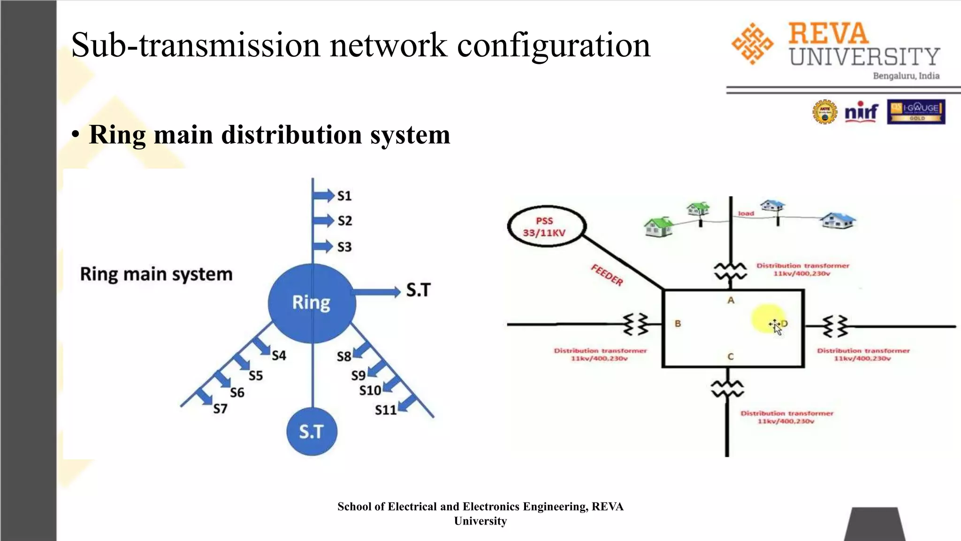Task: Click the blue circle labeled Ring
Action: tap(312, 303)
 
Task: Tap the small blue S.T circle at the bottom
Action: tap(312, 432)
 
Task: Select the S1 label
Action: tap(344, 196)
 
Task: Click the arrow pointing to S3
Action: tap(323, 247)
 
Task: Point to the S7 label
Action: tap(220, 409)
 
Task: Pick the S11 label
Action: tap(385, 410)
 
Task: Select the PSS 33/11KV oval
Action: tap(546, 227)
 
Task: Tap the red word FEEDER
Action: tap(607, 275)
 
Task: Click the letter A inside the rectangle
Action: tap(731, 300)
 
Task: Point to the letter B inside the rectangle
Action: tap(678, 324)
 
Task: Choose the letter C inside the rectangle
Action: tap(730, 357)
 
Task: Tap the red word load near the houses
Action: tap(746, 213)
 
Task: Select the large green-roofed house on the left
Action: tap(658, 227)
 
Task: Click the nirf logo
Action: tap(861, 112)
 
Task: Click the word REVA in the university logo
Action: tap(828, 34)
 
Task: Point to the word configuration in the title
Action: tap(554, 46)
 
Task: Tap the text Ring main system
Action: tap(156, 274)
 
